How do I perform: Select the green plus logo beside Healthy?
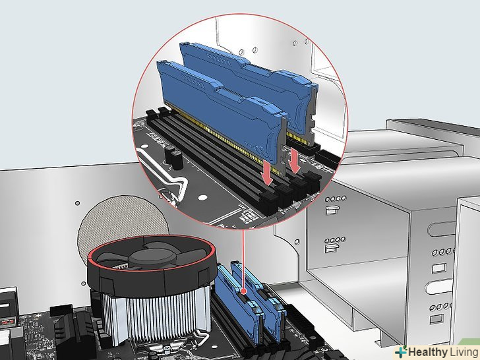pyautogui.click(x=401, y=351)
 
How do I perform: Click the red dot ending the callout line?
pyautogui.click(x=244, y=291)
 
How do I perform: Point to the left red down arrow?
pyautogui.click(x=267, y=173)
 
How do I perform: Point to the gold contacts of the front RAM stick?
pyautogui.click(x=224, y=138)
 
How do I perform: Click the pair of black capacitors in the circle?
pyautogui.click(x=173, y=157)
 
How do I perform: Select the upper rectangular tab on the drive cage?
pyautogui.click(x=332, y=210)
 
